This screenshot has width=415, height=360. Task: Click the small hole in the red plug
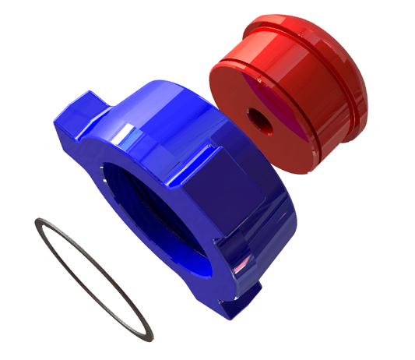pos(255,115)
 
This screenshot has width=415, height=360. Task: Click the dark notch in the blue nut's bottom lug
pos(251,291)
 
